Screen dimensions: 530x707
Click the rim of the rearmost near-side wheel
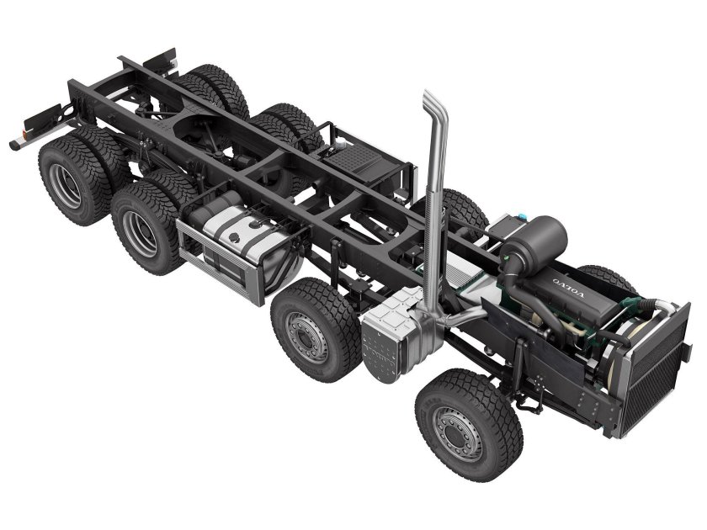(x=65, y=185)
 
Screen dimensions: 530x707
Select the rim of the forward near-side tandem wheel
(x=139, y=232)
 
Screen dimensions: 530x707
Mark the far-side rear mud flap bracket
(x=160, y=61)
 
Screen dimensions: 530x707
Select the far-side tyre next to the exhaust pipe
(x=463, y=210)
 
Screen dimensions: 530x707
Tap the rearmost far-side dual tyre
(x=219, y=88)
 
